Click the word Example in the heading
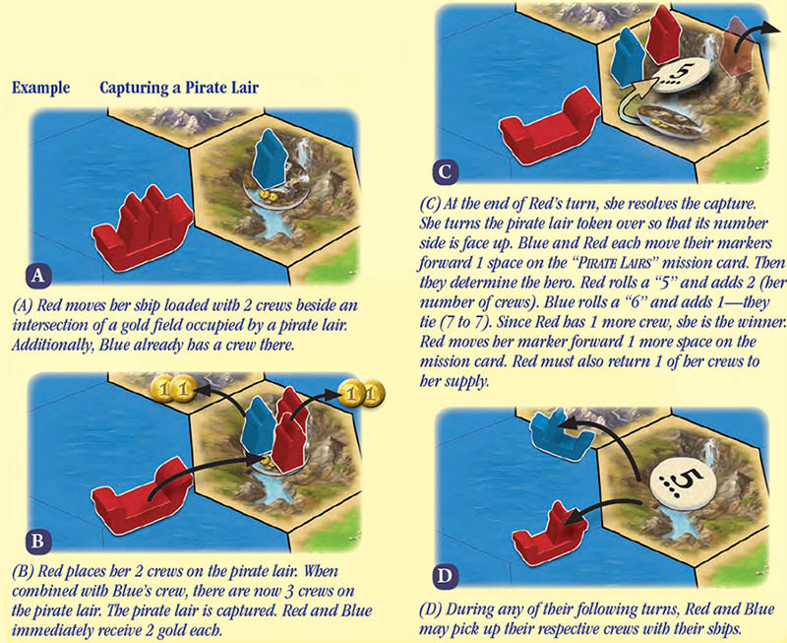tap(40, 88)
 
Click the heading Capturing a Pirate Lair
tap(179, 88)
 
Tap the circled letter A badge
tap(38, 276)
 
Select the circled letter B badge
tap(38, 541)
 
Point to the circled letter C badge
tap(445, 171)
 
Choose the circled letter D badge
tap(445, 576)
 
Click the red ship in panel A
tap(142, 227)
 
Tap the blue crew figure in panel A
tap(269, 159)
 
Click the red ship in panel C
tap(550, 126)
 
